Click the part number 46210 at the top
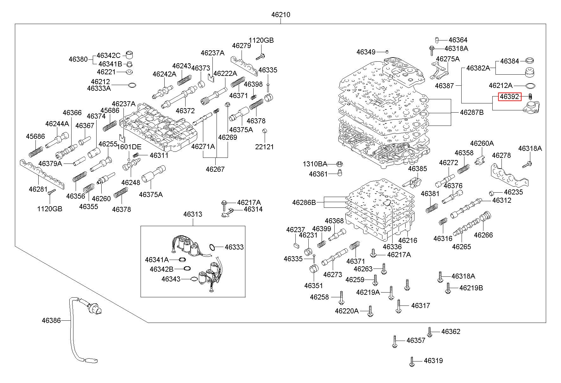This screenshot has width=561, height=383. point(280,15)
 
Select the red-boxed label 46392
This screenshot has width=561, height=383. point(510,97)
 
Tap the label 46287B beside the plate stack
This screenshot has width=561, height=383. point(472,112)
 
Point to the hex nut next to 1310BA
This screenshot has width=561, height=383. point(338,164)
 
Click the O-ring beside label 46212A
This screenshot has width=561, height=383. point(531,86)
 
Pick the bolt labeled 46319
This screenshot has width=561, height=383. point(412,361)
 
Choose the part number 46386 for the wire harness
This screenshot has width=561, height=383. point(51,320)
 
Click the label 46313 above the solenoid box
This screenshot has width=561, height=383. point(192,214)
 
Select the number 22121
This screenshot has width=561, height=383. point(264,147)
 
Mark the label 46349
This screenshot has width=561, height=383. point(366,52)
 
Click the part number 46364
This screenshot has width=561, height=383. point(458,40)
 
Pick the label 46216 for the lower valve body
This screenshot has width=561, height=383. point(407,240)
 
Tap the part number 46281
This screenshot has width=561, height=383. point(38,189)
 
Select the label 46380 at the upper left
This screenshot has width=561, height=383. point(78,59)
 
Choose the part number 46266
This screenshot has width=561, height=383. point(483,235)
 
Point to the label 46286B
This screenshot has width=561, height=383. point(304,202)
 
